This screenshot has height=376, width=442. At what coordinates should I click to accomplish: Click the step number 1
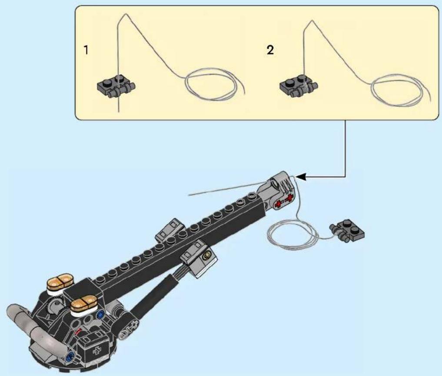click(x=86, y=50)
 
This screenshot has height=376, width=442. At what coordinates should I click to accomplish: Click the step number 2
click(x=270, y=50)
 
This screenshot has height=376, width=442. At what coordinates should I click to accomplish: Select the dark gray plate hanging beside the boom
click(x=347, y=230)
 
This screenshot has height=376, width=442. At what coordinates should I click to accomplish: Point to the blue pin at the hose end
click(x=70, y=356)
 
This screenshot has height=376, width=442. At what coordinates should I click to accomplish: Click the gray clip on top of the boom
click(x=169, y=230)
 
